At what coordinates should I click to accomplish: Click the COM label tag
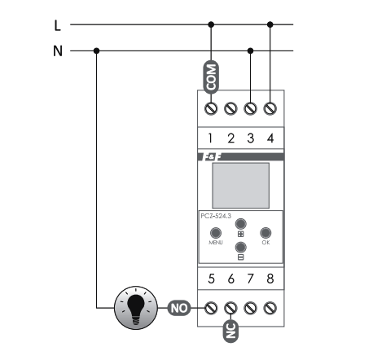click(x=211, y=77)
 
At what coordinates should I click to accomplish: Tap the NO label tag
click(x=179, y=308)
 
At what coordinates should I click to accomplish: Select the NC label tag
click(x=230, y=331)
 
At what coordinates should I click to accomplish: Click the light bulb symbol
click(x=136, y=308)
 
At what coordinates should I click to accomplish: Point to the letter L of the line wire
click(x=57, y=25)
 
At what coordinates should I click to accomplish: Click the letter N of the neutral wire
click(x=58, y=51)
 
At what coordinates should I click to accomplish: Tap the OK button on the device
click(x=265, y=233)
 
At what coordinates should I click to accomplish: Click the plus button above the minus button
click(x=240, y=224)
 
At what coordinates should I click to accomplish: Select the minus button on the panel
click(x=240, y=248)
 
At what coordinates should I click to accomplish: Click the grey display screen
click(x=241, y=186)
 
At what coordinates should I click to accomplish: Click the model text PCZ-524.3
click(x=216, y=216)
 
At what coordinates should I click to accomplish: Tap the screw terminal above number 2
click(x=230, y=108)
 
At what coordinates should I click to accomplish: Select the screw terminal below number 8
click(x=270, y=308)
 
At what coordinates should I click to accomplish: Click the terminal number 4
click(x=270, y=138)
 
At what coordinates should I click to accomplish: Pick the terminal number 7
click(x=250, y=279)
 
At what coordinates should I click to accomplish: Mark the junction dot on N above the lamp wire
click(x=96, y=50)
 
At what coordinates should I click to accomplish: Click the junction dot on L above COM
click(x=211, y=24)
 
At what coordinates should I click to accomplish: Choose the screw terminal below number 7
click(x=250, y=308)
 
